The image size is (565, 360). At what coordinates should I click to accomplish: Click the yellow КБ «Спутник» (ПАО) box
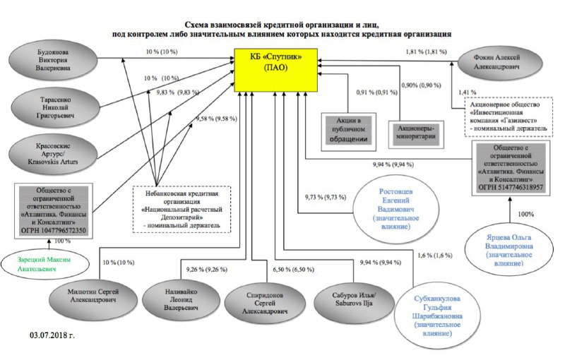(276, 70)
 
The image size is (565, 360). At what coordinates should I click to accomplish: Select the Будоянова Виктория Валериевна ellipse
(53, 60)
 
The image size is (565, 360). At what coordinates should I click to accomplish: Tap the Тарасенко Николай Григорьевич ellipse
(55, 107)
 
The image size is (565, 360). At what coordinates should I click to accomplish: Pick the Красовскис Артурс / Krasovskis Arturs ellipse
(52, 155)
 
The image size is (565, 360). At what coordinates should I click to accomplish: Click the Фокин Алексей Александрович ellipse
(500, 63)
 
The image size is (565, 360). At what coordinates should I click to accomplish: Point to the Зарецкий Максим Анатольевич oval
(45, 265)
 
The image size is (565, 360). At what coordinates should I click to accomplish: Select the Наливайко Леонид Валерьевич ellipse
(181, 299)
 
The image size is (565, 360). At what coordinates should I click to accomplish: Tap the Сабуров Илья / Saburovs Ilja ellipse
(354, 300)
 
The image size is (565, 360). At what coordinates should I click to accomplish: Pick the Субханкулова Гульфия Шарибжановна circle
(436, 316)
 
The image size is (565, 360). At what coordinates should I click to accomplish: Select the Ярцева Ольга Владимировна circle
(509, 250)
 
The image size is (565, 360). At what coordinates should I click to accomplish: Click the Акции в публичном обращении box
(348, 131)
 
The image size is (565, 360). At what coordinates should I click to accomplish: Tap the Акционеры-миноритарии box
(416, 134)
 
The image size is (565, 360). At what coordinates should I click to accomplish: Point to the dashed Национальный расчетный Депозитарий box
(182, 210)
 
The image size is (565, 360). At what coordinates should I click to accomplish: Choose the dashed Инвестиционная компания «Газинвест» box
(509, 116)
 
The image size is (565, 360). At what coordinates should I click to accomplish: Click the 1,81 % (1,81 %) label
(426, 52)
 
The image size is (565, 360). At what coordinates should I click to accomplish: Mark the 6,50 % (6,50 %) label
(293, 270)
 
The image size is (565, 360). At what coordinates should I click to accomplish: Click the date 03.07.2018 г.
(52, 335)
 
